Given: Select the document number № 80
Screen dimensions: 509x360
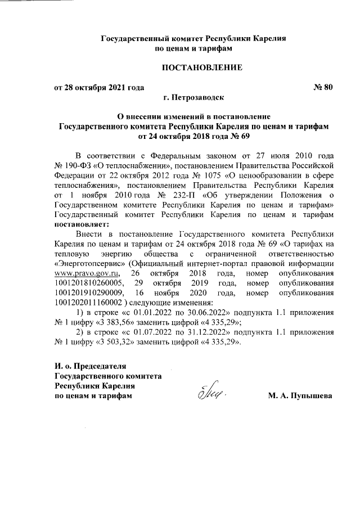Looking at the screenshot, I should click(322, 87).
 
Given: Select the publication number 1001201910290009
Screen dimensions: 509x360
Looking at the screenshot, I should click(88, 292).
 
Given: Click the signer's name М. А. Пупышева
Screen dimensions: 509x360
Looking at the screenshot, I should click(301, 396).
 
